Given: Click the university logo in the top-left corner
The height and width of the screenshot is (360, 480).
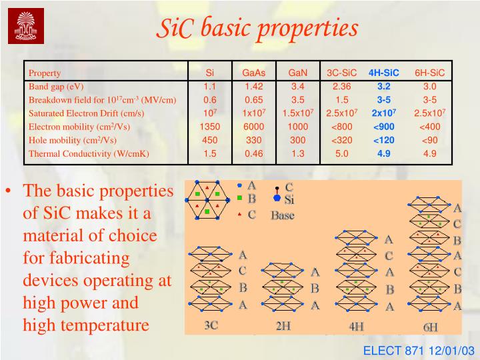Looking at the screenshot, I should pyautogui.click(x=26, y=26).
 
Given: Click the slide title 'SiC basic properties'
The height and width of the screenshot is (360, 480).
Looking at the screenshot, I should pyautogui.click(x=257, y=28).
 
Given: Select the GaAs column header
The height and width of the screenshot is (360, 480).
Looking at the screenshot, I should pyautogui.click(x=254, y=73).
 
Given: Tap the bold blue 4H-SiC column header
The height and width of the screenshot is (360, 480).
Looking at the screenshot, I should pyautogui.click(x=383, y=73).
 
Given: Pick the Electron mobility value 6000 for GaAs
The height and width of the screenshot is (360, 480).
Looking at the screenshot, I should pyautogui.click(x=254, y=127).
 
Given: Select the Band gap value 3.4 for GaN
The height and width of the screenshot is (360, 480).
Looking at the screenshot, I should pyautogui.click(x=297, y=87).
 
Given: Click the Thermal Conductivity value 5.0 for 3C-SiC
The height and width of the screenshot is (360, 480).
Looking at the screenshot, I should pyautogui.click(x=342, y=153).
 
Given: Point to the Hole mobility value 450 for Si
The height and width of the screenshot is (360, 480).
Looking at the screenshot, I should pyautogui.click(x=210, y=140).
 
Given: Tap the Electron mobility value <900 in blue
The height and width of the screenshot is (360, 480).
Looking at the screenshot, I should pyautogui.click(x=384, y=127).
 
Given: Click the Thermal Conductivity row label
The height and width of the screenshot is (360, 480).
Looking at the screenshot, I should pyautogui.click(x=89, y=154).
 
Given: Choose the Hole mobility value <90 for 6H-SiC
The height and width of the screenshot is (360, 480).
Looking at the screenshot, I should pyautogui.click(x=429, y=140).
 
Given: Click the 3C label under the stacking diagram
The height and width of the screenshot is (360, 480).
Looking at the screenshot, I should pyautogui.click(x=211, y=325).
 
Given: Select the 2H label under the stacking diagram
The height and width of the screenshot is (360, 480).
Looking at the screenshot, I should pyautogui.click(x=283, y=326).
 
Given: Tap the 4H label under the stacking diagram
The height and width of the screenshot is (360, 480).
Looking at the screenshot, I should pyautogui.click(x=356, y=326).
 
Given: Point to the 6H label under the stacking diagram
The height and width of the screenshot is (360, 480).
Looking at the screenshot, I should pyautogui.click(x=431, y=327).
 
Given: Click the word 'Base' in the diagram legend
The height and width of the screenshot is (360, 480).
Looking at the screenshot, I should pyautogui.click(x=282, y=215).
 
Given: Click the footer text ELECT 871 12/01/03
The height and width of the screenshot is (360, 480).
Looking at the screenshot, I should pyautogui.click(x=418, y=350).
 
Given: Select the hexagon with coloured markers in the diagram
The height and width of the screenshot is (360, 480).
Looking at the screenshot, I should pyautogui.click(x=207, y=199).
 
